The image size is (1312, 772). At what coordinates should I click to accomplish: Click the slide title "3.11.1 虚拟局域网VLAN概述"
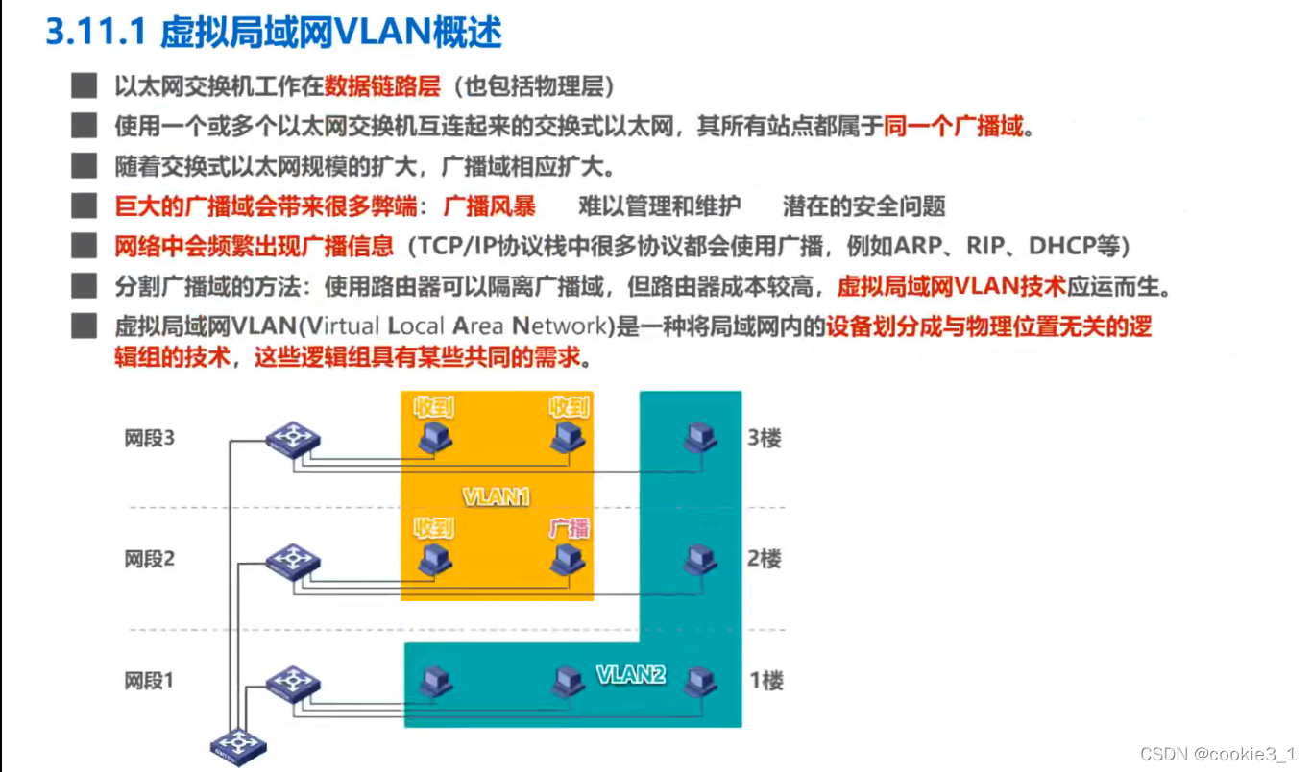click(x=274, y=34)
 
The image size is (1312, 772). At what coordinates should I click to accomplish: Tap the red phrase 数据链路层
click(x=381, y=86)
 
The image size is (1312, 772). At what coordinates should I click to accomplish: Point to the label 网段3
click(x=150, y=439)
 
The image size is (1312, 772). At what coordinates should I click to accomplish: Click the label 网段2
click(x=150, y=558)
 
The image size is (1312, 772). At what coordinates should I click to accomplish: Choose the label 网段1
click(x=150, y=681)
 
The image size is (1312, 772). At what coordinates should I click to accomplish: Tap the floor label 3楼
click(x=765, y=439)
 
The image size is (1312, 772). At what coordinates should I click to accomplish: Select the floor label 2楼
click(x=765, y=558)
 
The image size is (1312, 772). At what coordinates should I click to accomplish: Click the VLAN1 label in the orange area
click(x=496, y=497)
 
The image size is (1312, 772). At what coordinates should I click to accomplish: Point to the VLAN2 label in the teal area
click(x=631, y=674)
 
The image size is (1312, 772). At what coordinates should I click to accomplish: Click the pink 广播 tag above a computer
click(x=569, y=528)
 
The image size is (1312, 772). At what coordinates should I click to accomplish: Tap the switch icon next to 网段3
click(x=292, y=440)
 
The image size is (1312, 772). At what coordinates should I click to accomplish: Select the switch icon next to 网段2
click(x=292, y=560)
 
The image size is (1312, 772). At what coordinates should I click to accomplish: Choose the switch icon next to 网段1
click(x=292, y=683)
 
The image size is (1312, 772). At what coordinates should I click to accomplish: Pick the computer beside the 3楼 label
click(x=700, y=439)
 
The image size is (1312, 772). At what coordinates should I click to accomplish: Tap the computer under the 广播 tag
click(x=569, y=559)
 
